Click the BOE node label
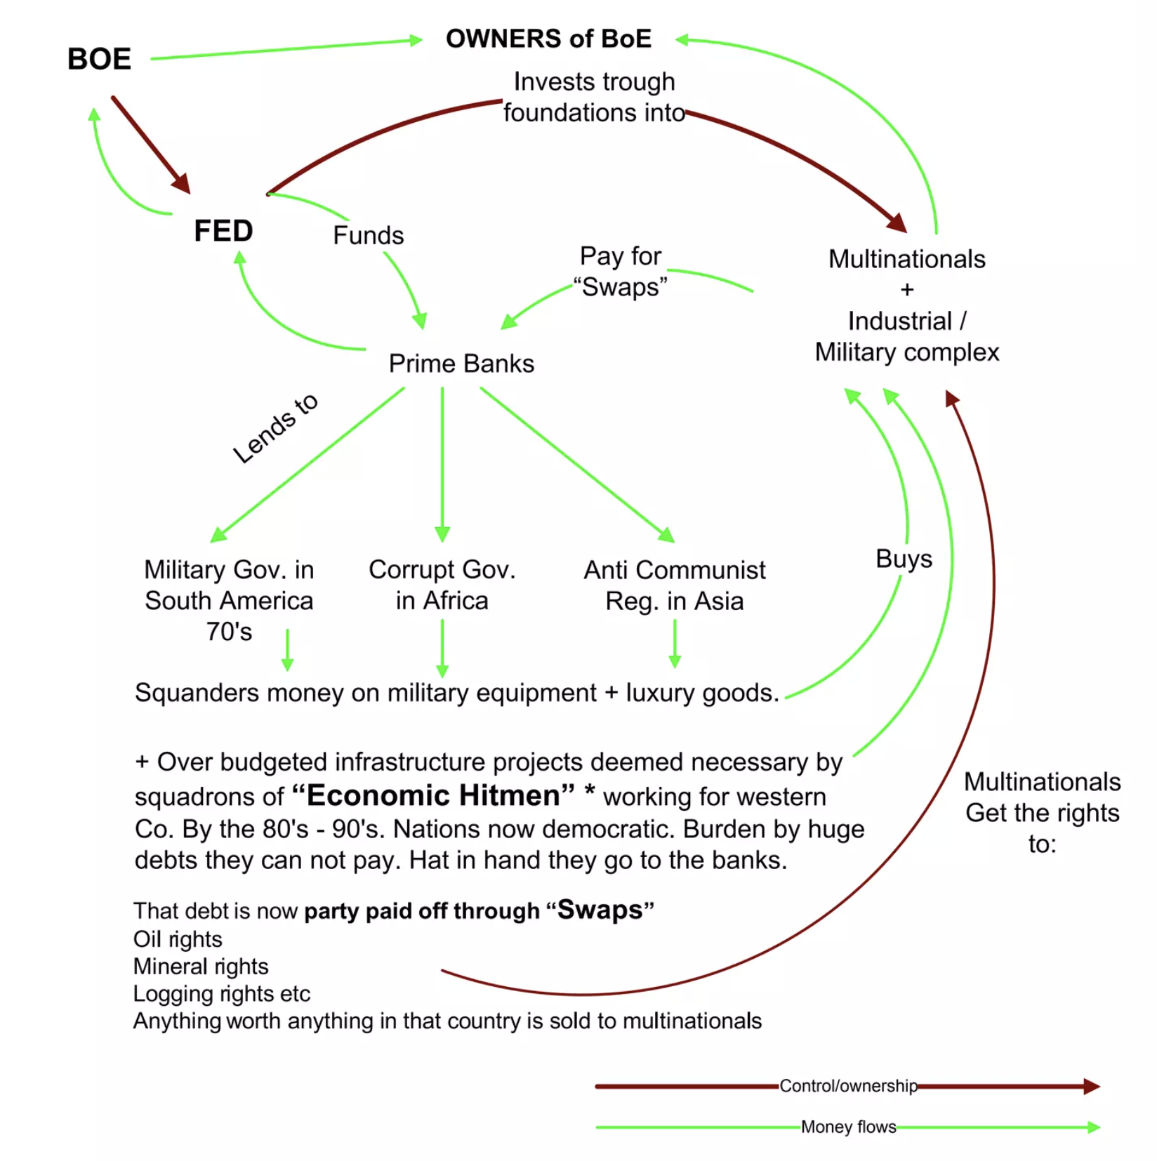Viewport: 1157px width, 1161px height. (99, 59)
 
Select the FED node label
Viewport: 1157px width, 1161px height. (223, 231)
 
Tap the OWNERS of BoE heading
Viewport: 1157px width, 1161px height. (548, 39)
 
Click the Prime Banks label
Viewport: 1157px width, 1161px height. (461, 364)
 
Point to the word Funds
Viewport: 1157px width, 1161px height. (368, 235)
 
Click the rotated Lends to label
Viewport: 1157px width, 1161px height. (275, 427)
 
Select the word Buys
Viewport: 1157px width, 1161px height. (904, 559)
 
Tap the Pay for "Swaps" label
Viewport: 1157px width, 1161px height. (621, 272)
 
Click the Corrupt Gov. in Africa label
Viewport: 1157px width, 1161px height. (442, 585)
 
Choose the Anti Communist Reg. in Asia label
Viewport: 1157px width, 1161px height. (674, 585)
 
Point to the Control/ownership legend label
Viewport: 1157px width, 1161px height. (848, 1086)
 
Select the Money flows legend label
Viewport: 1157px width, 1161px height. (848, 1127)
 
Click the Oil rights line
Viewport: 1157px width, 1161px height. (178, 939)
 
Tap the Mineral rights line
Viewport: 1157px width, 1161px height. (201, 967)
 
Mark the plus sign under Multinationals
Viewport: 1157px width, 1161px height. (907, 289)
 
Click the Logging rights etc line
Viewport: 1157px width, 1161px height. (221, 994)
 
